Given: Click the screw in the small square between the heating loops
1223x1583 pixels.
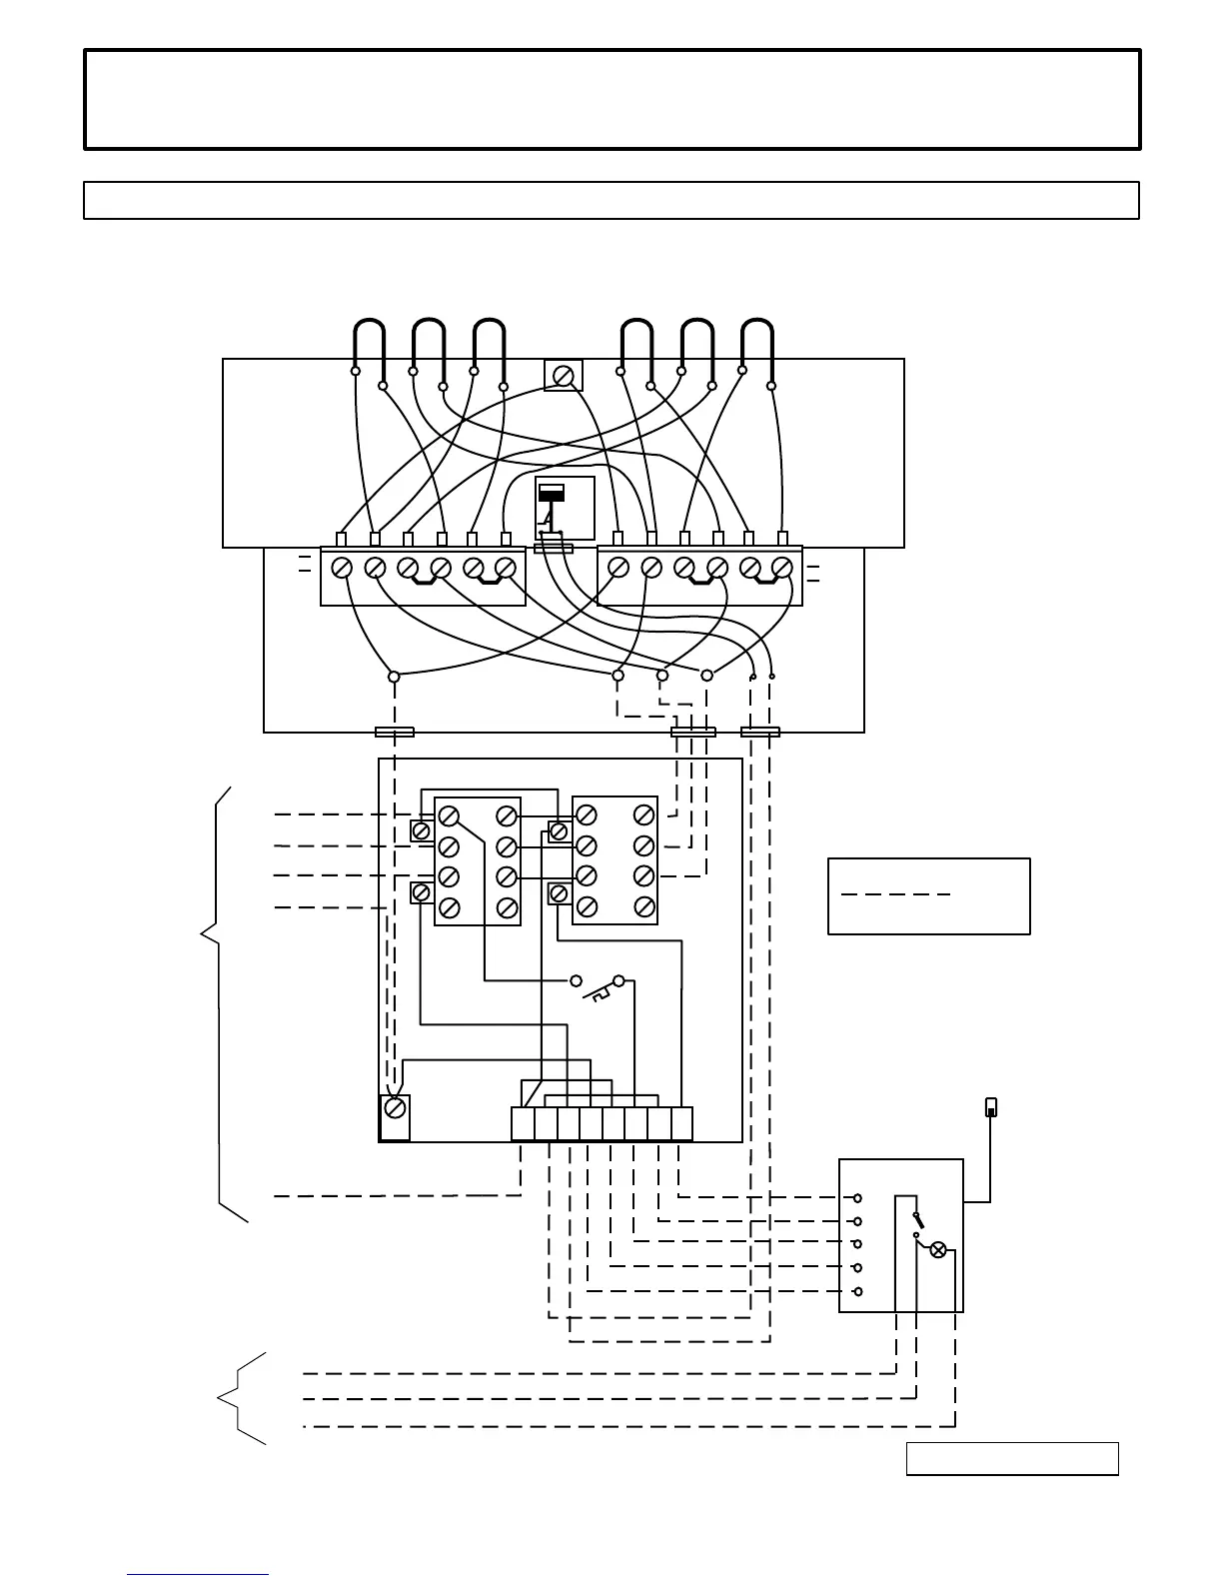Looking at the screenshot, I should point(564,375).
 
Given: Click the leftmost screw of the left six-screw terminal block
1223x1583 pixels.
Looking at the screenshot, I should point(341,568).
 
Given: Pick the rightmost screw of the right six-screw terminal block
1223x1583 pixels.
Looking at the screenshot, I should point(782,568).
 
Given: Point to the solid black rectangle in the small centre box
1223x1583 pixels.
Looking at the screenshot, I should point(552,493).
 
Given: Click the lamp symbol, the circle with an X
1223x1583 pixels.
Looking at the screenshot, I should point(938,1250).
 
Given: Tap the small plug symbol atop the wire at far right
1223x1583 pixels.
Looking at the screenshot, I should point(991,1106).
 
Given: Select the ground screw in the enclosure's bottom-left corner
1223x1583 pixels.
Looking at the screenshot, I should point(396,1108).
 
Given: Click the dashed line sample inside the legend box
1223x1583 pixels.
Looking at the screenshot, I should point(895,894).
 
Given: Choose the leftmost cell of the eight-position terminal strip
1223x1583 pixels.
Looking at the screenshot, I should point(523,1124).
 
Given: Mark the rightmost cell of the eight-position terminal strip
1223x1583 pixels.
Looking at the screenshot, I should point(681,1124).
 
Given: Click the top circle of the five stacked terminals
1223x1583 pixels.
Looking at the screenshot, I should point(857,1197).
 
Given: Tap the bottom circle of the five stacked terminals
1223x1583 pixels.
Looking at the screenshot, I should point(857,1292).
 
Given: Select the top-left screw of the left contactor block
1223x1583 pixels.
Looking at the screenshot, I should point(449,814).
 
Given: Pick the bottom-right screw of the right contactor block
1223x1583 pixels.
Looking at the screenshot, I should point(644,907).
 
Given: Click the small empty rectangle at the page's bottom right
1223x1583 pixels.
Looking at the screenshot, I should point(1012,1459).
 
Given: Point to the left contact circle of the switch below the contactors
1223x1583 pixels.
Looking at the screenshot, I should point(576,980).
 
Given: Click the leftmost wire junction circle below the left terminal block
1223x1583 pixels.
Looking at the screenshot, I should point(394,677).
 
